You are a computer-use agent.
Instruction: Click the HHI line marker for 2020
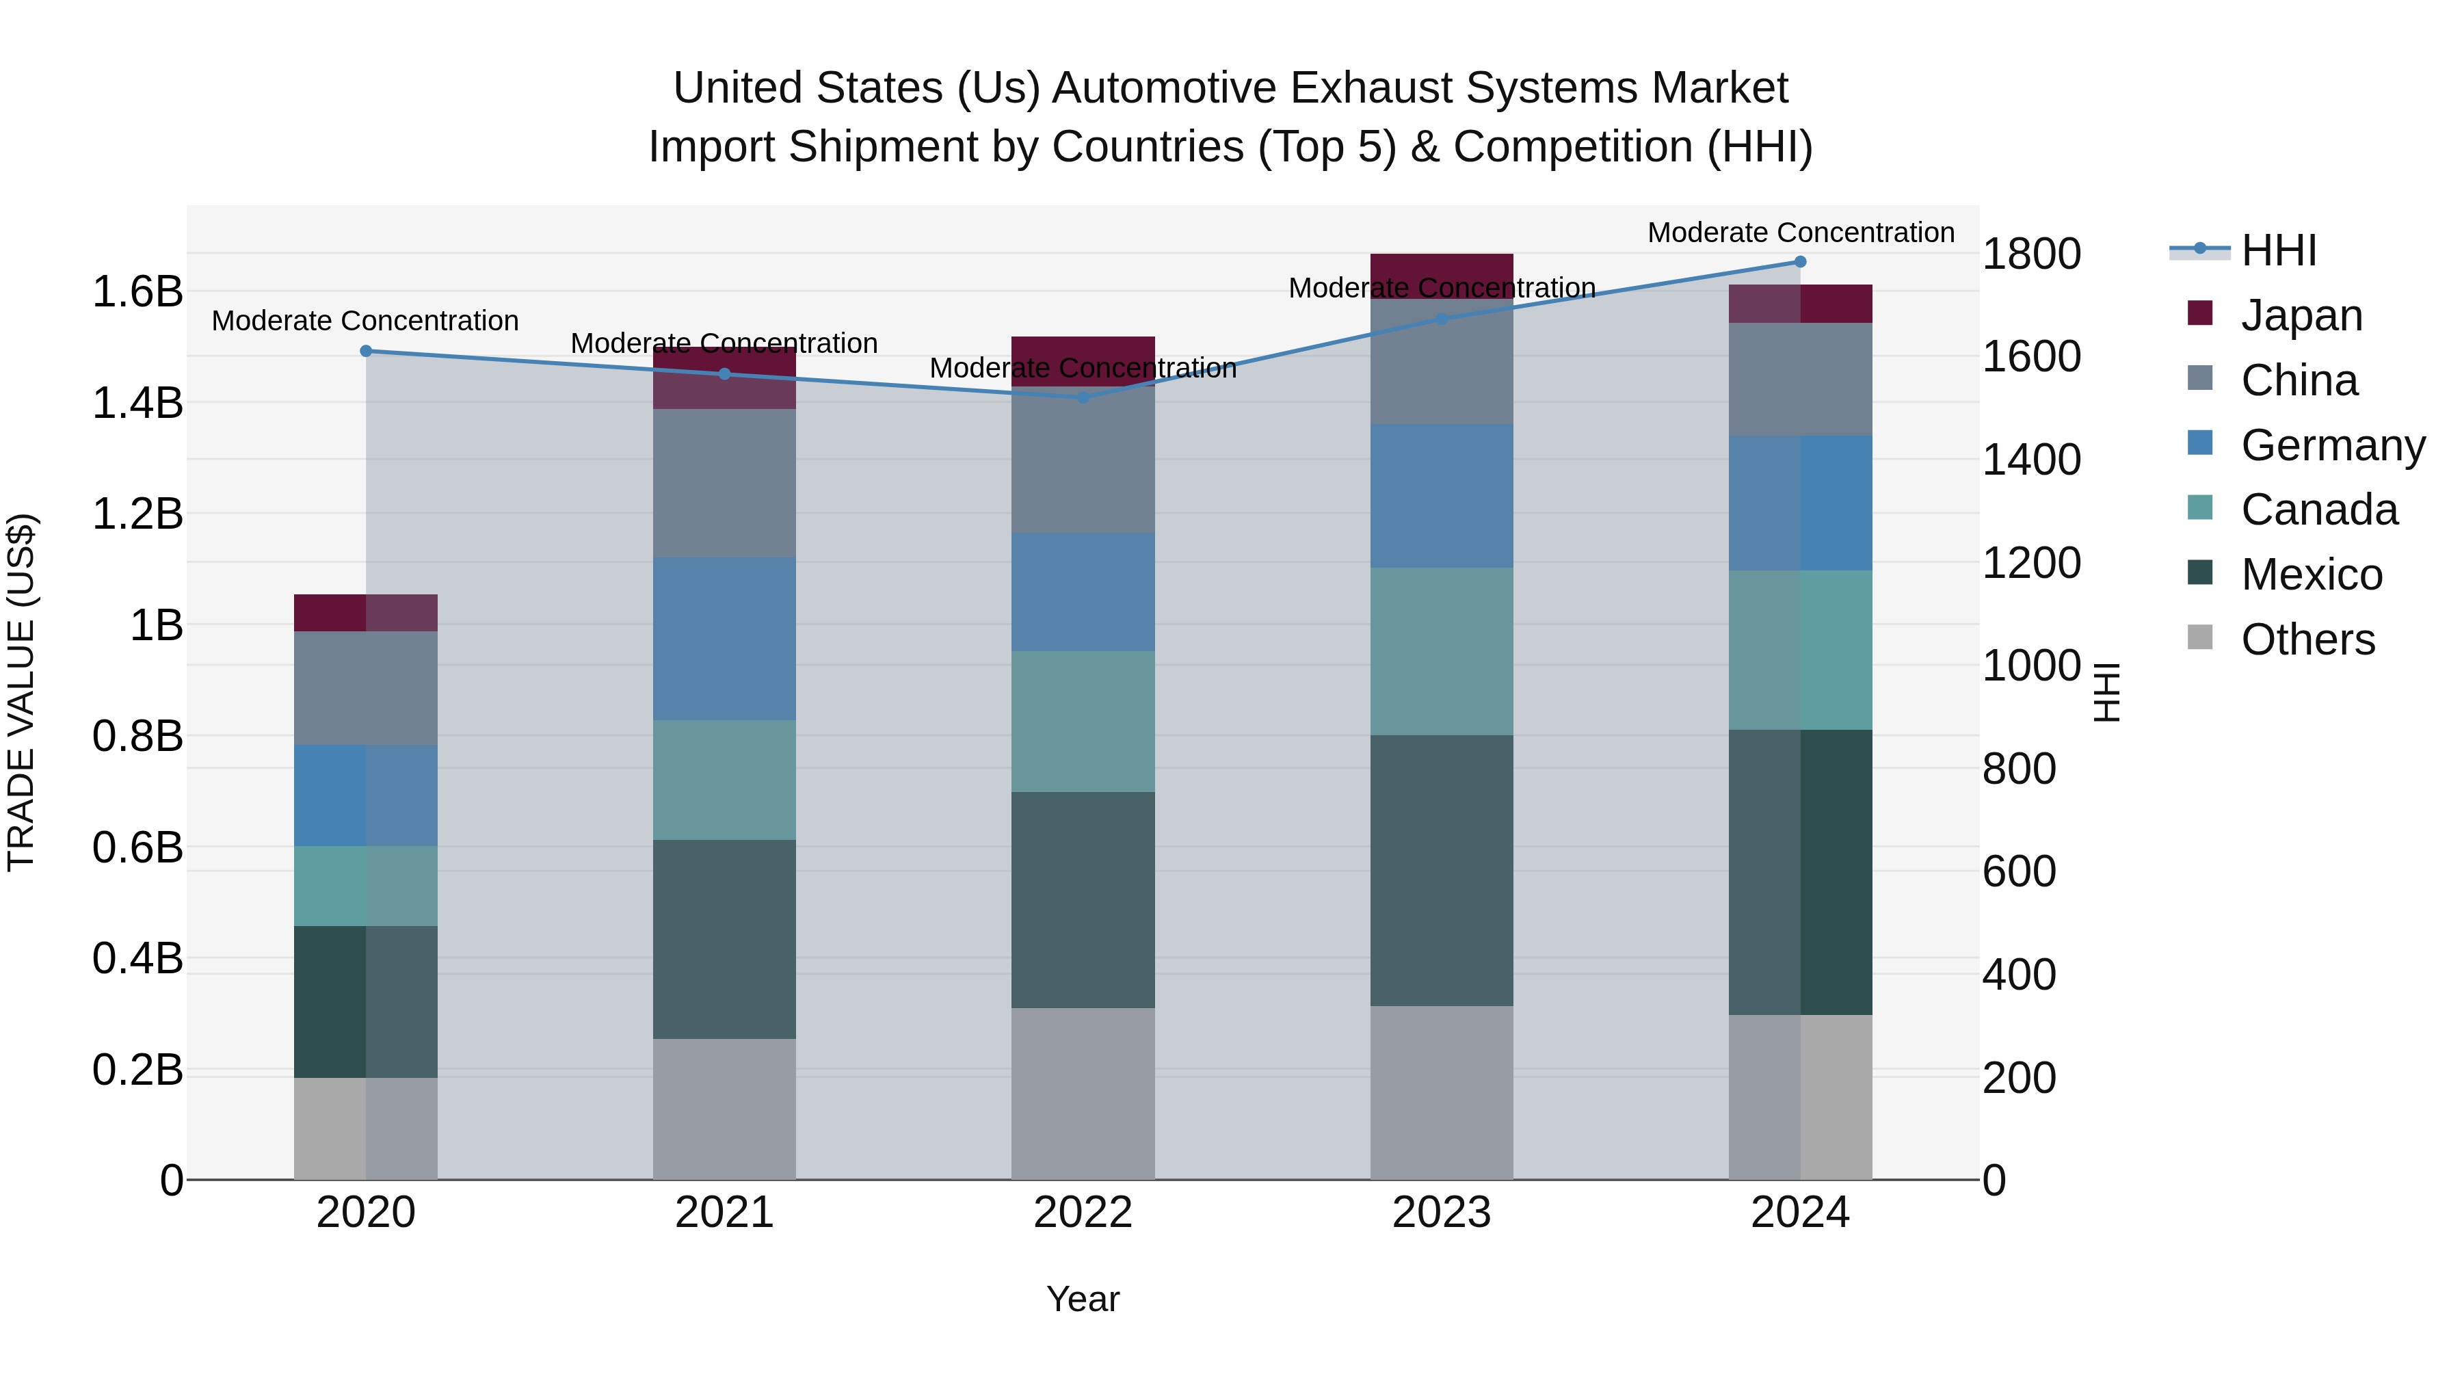(x=366, y=351)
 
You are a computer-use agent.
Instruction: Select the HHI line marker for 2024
(x=1801, y=262)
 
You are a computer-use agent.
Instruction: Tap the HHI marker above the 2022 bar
(x=1083, y=397)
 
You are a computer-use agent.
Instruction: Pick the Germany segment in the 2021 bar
(x=724, y=639)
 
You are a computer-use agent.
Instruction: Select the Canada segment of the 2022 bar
(x=1083, y=722)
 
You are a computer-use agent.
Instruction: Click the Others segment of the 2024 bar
(x=1801, y=1097)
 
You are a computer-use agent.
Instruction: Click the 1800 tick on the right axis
(x=2032, y=254)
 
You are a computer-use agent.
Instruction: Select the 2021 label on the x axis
(x=724, y=1213)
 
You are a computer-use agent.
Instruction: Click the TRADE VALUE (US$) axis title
(x=21, y=692)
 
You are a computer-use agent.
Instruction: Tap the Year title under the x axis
(x=1083, y=1299)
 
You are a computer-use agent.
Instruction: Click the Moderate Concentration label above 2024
(x=1801, y=233)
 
